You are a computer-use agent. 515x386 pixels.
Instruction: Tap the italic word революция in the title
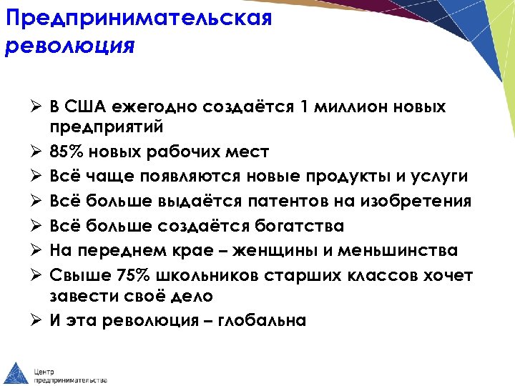point(69,46)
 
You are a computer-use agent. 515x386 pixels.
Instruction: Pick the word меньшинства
point(411,250)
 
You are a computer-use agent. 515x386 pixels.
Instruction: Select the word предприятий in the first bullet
point(107,127)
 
